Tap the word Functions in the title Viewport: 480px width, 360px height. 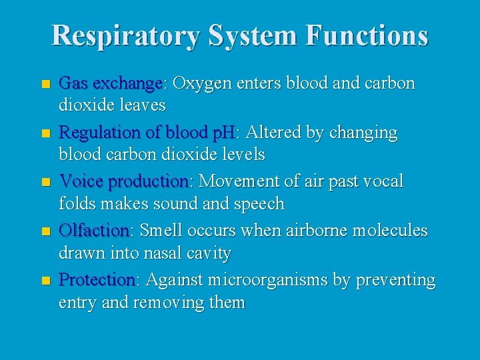[x=367, y=35]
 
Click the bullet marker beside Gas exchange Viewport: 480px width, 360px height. [x=45, y=85]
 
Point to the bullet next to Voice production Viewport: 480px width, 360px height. [x=45, y=182]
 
